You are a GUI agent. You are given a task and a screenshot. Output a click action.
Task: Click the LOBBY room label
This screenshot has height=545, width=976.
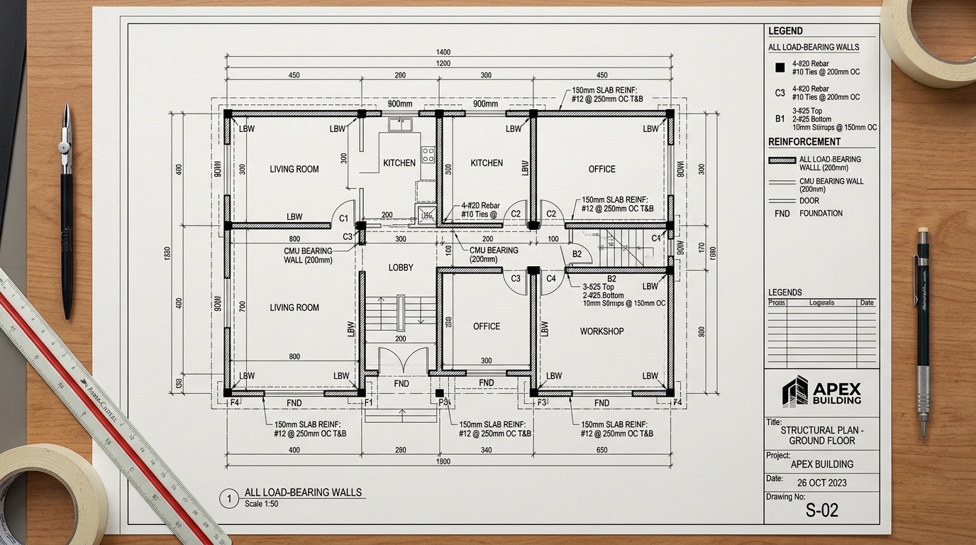tap(401, 268)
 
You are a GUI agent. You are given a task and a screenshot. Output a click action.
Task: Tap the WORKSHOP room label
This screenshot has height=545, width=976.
tap(601, 331)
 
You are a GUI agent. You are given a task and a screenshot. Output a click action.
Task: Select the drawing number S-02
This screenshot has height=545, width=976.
tap(822, 510)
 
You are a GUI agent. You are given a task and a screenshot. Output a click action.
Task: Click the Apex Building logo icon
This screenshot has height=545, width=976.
tap(794, 391)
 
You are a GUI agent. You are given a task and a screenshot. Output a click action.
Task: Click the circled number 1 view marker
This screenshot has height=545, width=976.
tap(229, 499)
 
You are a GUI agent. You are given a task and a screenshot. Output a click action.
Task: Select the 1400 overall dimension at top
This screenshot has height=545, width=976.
tap(443, 53)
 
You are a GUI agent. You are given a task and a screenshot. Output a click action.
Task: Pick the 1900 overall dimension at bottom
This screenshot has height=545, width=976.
tap(443, 461)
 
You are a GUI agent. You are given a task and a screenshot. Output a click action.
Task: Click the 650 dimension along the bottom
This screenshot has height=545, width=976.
tap(601, 450)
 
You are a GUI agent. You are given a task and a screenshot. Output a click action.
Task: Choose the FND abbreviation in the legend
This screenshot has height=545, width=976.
tap(782, 213)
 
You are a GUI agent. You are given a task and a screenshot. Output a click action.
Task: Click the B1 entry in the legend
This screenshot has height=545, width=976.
tap(780, 119)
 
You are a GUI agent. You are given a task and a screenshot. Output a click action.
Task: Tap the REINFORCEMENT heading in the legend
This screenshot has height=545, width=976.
tap(804, 142)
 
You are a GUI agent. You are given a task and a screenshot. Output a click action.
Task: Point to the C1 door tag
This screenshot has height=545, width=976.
tap(343, 219)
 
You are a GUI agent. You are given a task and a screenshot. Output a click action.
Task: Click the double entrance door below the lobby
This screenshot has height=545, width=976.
tap(403, 361)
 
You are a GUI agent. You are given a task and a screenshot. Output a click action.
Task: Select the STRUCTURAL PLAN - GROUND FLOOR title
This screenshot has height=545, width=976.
tap(822, 436)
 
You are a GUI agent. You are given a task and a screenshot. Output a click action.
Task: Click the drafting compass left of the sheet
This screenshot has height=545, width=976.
tap(66, 213)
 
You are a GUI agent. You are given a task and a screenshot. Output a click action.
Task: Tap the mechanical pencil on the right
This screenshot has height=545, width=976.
tap(922, 334)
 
